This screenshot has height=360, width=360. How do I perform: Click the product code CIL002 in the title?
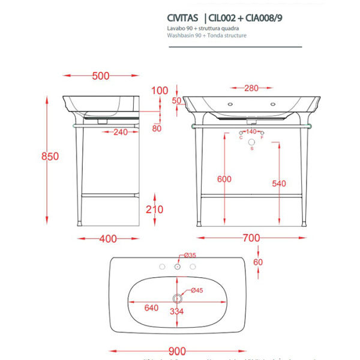point(226,18)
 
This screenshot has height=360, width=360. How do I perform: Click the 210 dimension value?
point(155,209)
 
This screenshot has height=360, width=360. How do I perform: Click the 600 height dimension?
point(224,179)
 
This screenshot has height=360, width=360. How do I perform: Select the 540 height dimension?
point(279,184)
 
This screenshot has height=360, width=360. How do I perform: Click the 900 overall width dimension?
point(177,350)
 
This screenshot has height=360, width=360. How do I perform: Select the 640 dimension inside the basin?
point(151,308)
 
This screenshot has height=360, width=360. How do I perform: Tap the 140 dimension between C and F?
point(251,131)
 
